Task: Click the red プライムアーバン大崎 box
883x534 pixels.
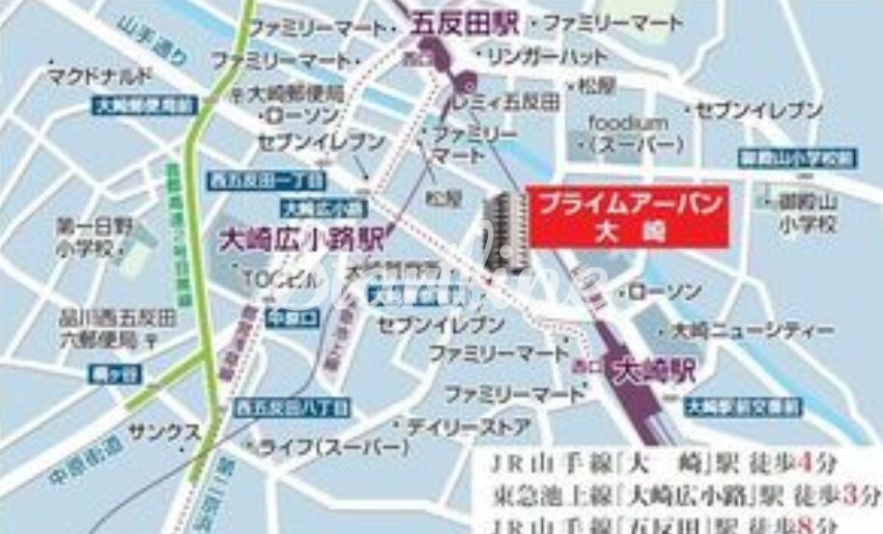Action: click(x=627, y=217)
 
